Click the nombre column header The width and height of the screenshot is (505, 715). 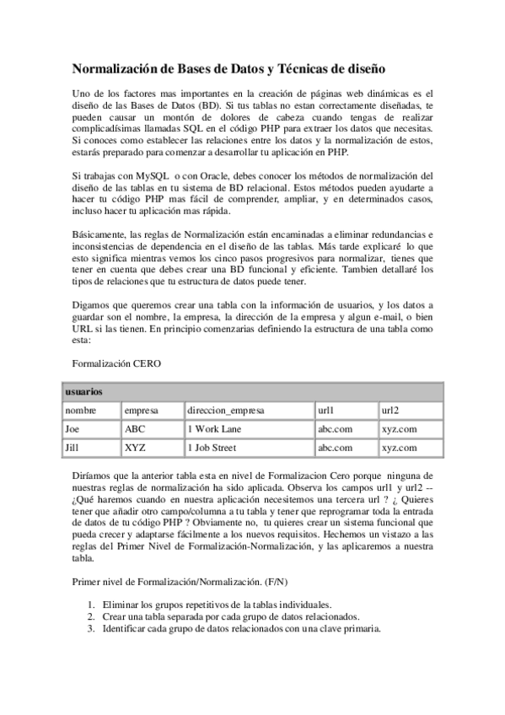[80, 410]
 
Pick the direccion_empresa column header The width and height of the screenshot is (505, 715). [226, 410]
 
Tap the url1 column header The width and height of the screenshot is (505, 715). [325, 410]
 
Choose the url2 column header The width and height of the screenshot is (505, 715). [389, 410]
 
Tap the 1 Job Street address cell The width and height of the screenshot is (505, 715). [217, 448]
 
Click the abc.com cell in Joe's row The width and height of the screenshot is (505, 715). [335, 428]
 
